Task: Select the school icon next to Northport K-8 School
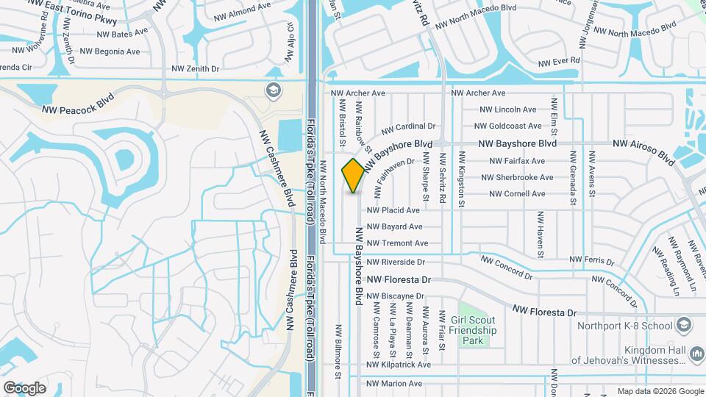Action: tap(684, 326)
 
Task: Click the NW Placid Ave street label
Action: tap(393, 210)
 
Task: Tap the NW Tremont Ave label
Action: tap(397, 243)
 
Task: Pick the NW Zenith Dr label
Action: tap(195, 69)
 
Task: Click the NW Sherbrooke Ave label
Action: tap(517, 177)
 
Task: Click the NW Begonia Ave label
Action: tap(110, 51)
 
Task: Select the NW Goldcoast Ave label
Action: tap(510, 126)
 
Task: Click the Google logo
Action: tap(24, 387)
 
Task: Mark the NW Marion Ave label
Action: tap(394, 384)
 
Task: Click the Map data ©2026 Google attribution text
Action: tap(660, 391)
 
